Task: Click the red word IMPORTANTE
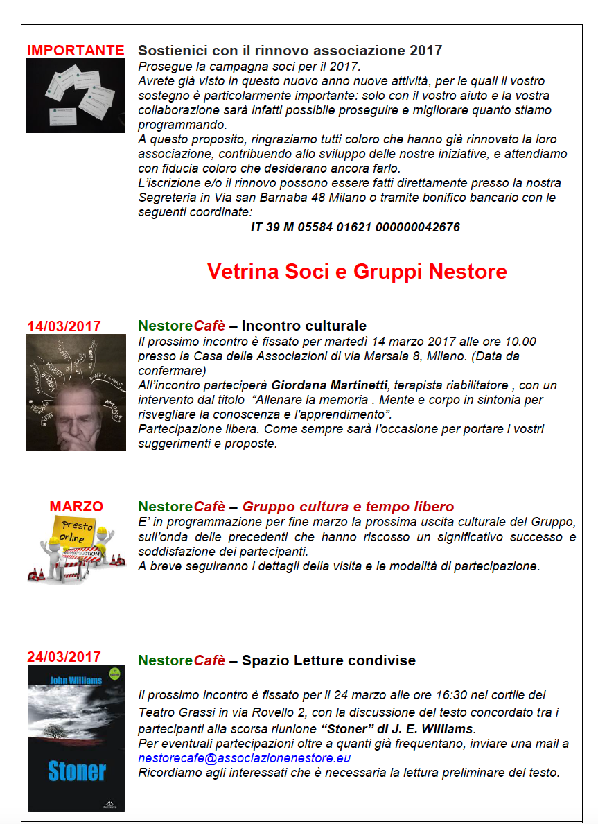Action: [76, 51]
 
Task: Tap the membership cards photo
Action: [76, 96]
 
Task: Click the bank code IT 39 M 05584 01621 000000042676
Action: [355, 227]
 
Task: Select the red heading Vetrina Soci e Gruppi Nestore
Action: [357, 271]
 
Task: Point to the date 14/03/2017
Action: [64, 326]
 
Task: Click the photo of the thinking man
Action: [76, 392]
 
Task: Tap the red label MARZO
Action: [76, 507]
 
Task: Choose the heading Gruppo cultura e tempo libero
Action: [348, 507]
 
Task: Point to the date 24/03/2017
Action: [64, 656]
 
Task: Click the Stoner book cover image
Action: [76, 737]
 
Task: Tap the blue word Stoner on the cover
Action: [77, 771]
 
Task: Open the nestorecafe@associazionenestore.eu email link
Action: [244, 759]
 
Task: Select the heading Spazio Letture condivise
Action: [328, 660]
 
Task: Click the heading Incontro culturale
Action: [304, 326]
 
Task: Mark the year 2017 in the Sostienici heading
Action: [425, 51]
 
